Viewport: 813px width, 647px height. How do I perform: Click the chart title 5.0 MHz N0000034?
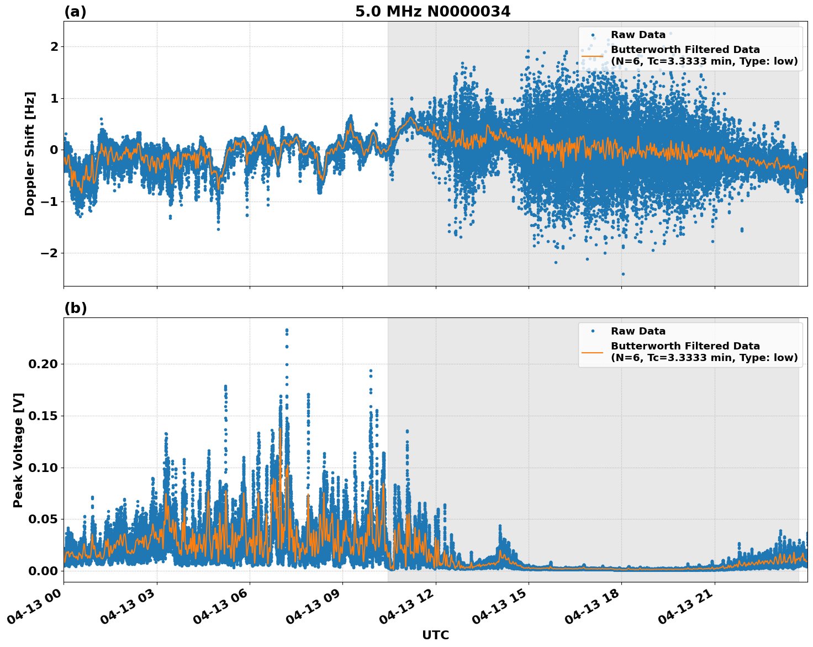pos(432,12)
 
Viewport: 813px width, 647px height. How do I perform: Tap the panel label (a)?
pos(75,12)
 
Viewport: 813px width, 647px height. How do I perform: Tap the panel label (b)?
pos(75,308)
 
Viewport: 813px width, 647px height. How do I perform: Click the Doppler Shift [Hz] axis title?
pos(30,153)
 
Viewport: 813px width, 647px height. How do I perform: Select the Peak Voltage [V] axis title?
pos(18,450)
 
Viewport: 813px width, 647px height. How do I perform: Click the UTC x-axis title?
pos(435,635)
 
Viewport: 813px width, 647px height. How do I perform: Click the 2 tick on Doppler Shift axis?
pos(54,47)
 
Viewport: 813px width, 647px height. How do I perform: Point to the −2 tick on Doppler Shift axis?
pos(50,253)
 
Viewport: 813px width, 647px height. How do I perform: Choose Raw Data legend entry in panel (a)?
pos(638,35)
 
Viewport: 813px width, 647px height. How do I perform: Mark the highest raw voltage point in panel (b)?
pos(287,330)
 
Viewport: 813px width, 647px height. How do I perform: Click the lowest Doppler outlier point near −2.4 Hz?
pos(623,274)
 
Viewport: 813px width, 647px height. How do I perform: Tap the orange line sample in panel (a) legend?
pos(593,56)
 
